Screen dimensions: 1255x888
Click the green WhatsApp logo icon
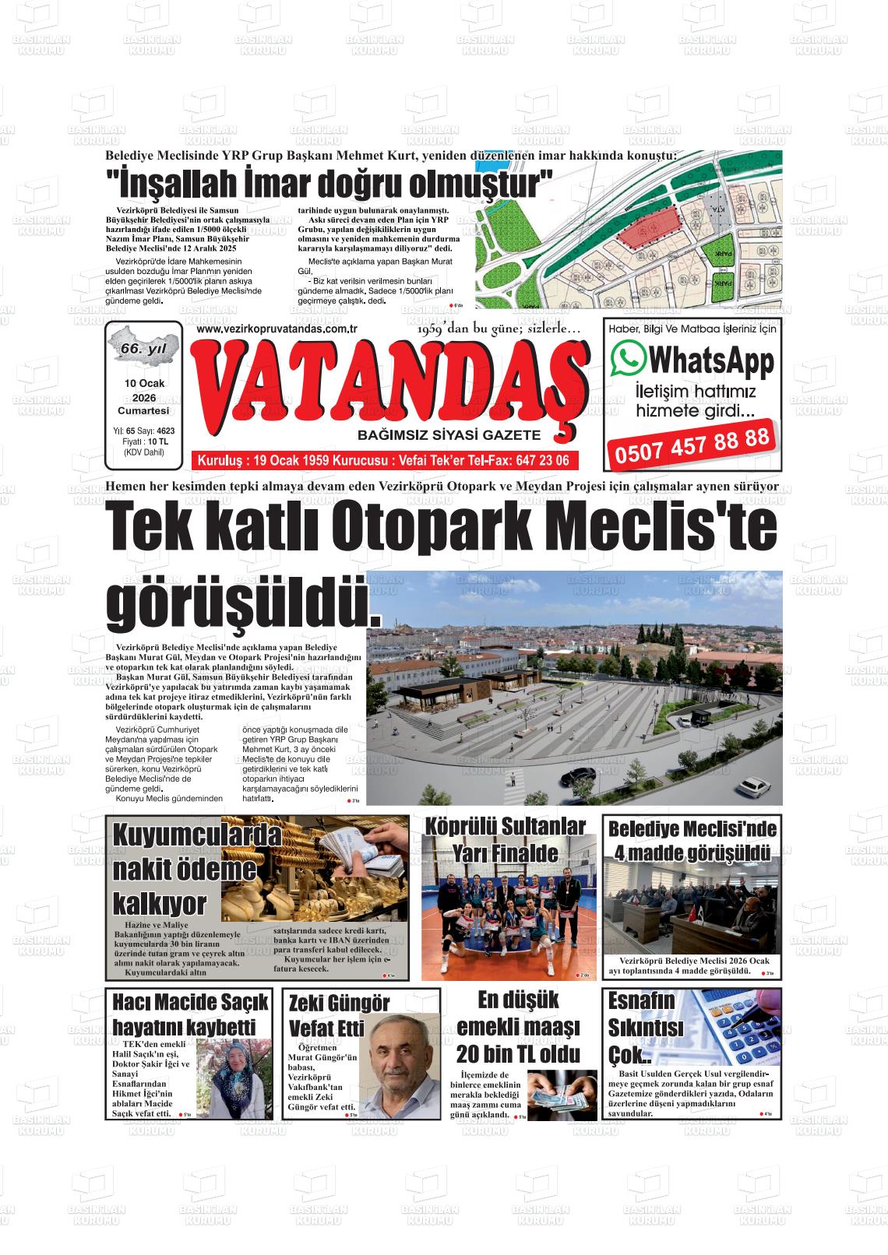629,359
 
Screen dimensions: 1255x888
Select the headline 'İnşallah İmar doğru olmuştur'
329,185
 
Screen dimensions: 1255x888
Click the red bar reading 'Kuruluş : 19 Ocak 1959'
383,461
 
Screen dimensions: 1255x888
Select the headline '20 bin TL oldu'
518,1054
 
